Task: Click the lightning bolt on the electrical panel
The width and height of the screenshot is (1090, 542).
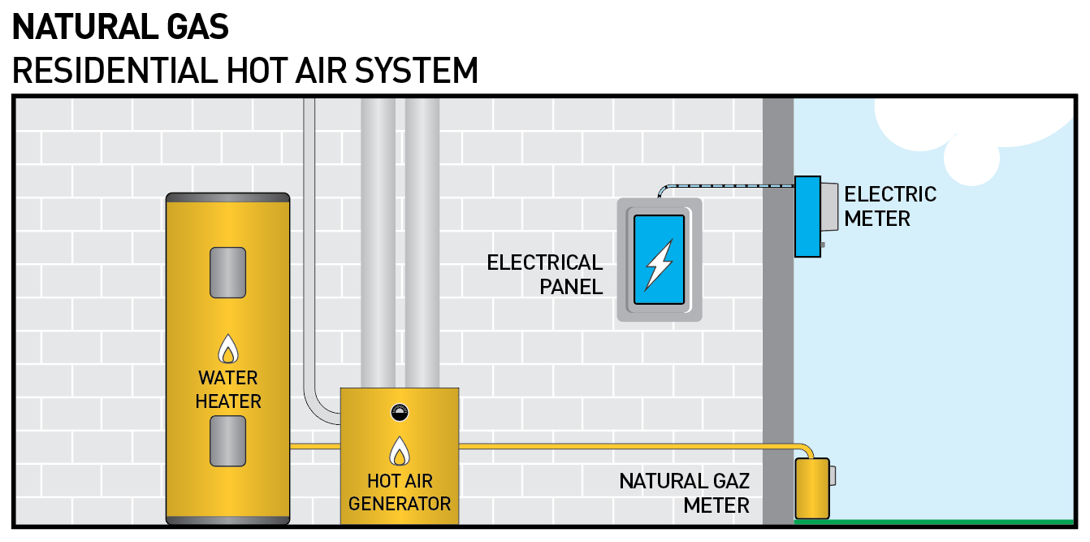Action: click(659, 264)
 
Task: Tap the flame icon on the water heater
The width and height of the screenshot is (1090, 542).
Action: click(228, 349)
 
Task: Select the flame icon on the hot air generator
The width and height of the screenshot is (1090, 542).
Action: click(399, 451)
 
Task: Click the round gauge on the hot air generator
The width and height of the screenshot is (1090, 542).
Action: click(399, 412)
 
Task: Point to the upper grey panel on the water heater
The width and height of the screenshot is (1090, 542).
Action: click(227, 272)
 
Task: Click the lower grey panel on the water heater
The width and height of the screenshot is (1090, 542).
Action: click(227, 440)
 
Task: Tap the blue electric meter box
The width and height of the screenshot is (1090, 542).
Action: click(807, 216)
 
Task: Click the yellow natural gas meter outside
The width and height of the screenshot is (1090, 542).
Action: click(811, 488)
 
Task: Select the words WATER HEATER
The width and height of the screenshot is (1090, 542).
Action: click(228, 389)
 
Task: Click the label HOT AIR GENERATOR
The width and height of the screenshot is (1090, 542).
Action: click(399, 492)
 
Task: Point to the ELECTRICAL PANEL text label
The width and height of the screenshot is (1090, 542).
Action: click(545, 274)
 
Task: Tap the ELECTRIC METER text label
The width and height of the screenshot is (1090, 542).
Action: click(890, 206)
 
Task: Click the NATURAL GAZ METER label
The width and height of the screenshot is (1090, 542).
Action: click(684, 492)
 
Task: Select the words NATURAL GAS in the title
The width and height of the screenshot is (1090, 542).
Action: click(121, 28)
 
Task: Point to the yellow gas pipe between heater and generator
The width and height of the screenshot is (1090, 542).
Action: click(314, 446)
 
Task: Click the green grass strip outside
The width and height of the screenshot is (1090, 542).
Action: click(934, 522)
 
